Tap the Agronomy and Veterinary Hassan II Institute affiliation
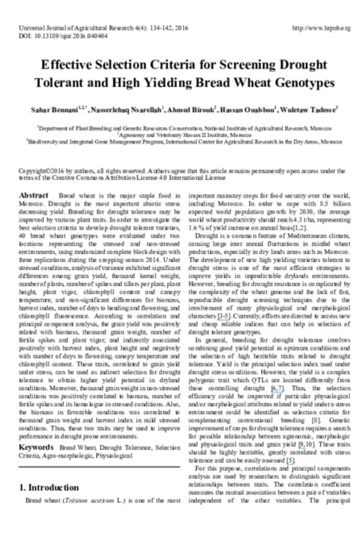pyautogui.click(x=180, y=136)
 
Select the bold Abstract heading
pyautogui.click(x=38, y=196)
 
